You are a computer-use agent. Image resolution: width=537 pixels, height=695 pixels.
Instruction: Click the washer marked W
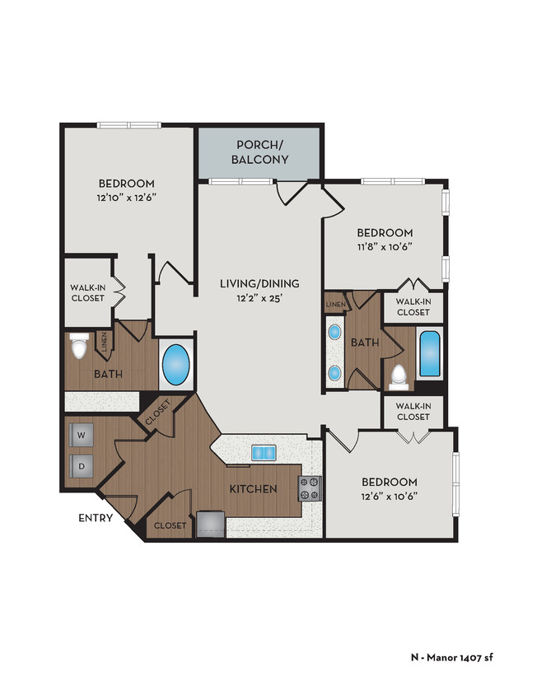point(82,433)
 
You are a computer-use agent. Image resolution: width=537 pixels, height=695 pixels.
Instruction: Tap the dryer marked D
point(82,464)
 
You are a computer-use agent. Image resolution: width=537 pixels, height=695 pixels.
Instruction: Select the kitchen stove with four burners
point(311,488)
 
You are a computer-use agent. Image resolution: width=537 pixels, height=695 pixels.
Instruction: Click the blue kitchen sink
point(264,452)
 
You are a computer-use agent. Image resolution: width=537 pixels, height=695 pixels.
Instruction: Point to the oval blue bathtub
point(176,362)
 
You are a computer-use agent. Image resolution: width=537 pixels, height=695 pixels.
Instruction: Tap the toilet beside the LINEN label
point(80,347)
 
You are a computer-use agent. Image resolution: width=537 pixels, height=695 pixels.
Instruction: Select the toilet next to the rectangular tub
point(399,375)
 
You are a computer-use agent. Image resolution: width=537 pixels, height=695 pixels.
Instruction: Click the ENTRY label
point(96,518)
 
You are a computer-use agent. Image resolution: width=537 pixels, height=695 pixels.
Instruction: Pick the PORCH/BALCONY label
point(259,152)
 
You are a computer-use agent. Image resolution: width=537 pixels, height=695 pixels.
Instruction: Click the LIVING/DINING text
point(259,283)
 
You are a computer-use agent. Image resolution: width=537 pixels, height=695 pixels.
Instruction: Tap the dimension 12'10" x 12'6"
point(127,198)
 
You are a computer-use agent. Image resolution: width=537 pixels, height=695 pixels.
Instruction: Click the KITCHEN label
point(253,489)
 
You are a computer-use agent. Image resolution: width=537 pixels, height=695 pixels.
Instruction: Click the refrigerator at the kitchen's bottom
point(210,523)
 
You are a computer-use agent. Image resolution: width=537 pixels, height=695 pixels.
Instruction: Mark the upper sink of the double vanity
point(334,333)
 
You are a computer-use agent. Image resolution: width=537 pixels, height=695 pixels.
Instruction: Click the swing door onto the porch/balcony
point(290,192)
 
